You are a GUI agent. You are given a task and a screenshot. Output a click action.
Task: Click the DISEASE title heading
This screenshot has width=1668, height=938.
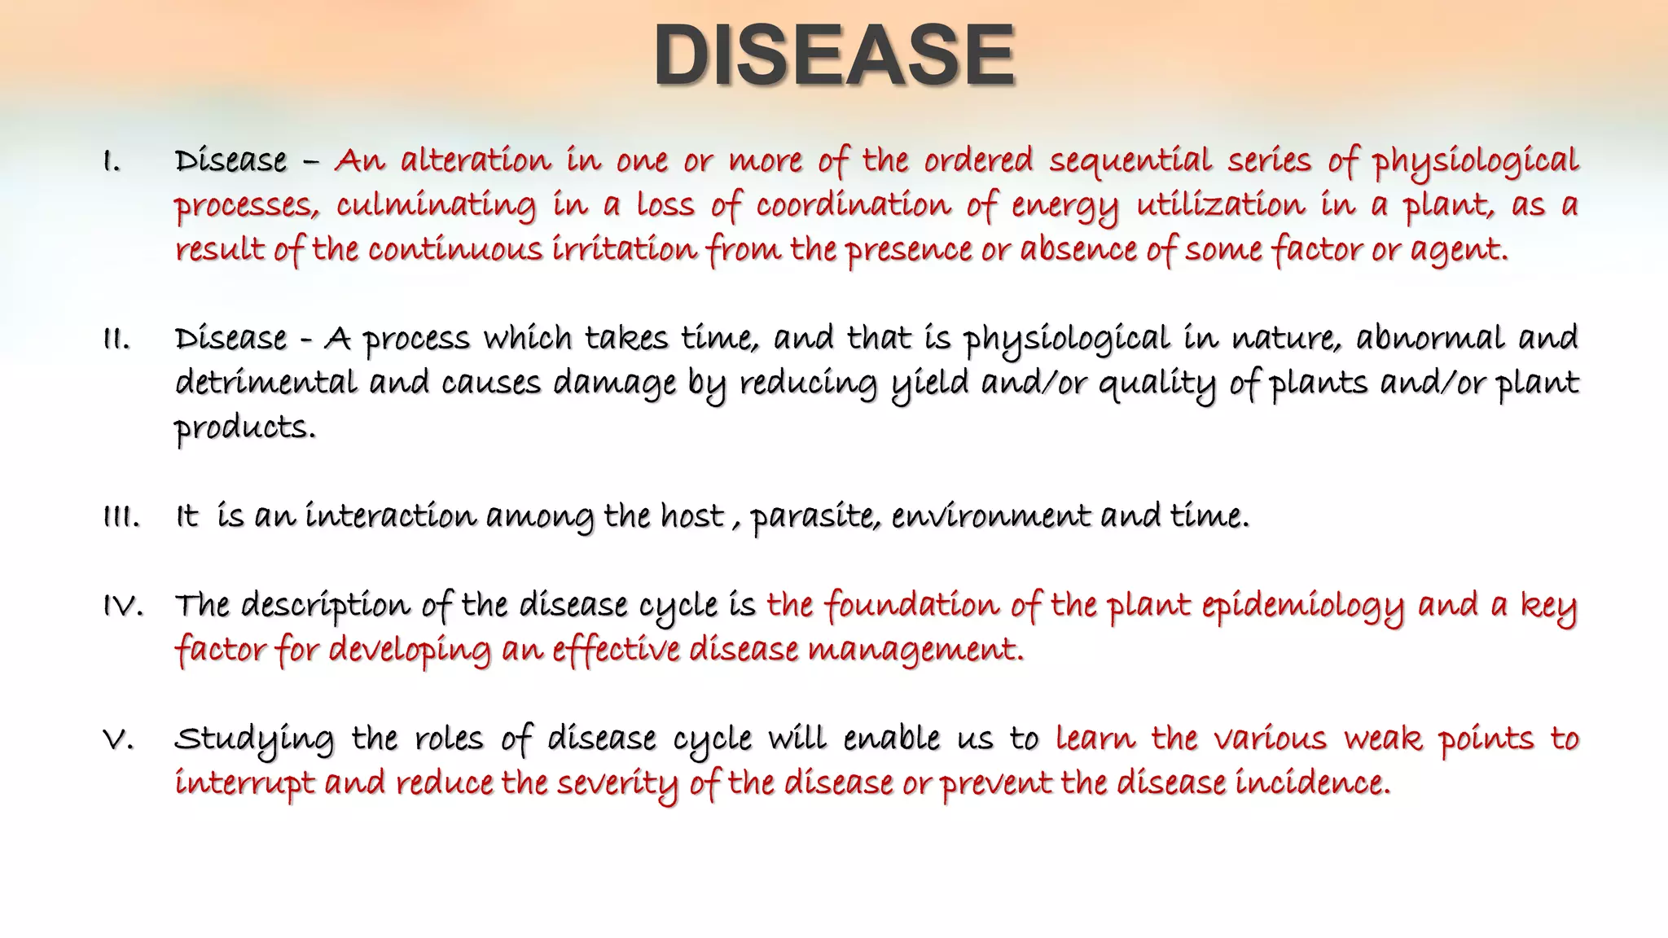834,55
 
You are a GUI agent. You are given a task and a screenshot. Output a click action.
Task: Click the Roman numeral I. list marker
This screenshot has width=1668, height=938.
112,162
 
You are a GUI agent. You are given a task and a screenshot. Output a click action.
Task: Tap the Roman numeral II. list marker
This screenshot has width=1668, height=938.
116,340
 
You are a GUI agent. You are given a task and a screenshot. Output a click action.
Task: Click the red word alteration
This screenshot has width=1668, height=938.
476,160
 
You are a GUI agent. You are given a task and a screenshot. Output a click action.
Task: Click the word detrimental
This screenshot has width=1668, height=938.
266,383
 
